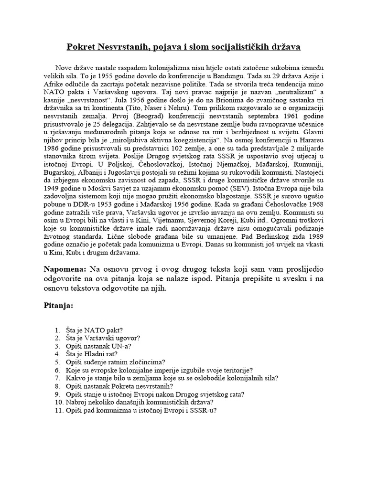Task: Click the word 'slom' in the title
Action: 180,48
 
